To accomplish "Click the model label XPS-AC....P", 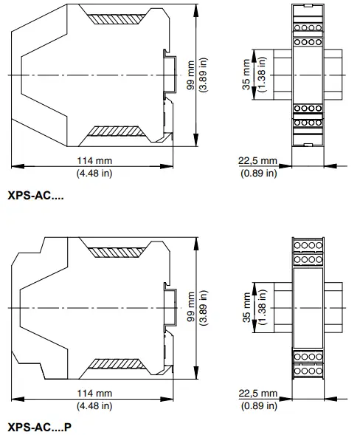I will point(40,427).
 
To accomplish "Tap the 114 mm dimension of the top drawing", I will point(94,162).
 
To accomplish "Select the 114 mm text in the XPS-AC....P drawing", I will point(94,394).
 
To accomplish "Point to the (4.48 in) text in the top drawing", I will point(94,174).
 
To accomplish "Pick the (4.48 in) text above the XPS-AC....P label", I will point(94,405).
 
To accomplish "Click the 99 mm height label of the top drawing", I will point(190,76).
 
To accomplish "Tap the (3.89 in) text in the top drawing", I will point(201,76).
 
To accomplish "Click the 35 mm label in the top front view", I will point(248,75).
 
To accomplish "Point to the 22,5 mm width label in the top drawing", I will point(259,162).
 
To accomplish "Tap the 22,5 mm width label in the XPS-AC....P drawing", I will point(259,394).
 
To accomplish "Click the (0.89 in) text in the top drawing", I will point(259,174).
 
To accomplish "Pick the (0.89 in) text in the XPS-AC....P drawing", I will point(259,405).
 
